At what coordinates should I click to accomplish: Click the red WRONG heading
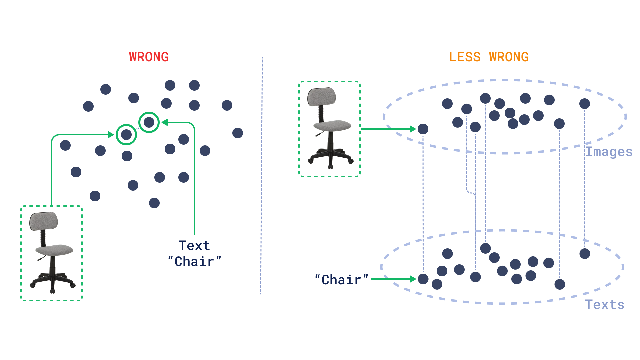point(149,57)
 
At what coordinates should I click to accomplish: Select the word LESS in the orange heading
point(465,57)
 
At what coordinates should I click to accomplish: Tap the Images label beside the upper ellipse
point(609,152)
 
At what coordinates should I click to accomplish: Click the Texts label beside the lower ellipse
point(605,305)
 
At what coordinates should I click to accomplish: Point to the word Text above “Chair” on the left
point(194,246)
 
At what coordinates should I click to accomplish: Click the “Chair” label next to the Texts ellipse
point(341,280)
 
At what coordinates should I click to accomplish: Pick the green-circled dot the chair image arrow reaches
point(126,135)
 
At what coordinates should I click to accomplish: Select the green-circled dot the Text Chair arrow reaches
point(149,122)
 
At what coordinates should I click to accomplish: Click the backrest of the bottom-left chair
point(44,221)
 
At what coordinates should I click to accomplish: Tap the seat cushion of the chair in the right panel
point(332,126)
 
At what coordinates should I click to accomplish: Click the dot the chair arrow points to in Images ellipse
point(423,129)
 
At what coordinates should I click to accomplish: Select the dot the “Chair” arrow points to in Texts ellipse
point(423,279)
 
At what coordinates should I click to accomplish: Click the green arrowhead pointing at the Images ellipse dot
point(413,129)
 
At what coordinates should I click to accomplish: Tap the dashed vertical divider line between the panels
point(262,173)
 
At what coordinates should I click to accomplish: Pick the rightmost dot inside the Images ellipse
point(585,104)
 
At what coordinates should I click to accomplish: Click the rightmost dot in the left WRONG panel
point(238,133)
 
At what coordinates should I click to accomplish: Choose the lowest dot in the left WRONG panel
point(154,203)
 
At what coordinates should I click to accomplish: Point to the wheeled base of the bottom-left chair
point(53,281)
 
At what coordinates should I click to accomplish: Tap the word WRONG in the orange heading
point(509,57)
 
